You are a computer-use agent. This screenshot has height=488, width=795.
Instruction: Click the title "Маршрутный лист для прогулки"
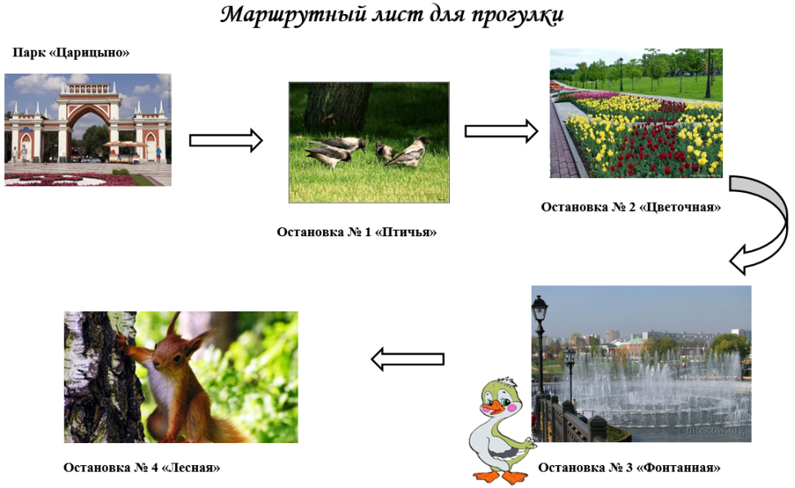392,15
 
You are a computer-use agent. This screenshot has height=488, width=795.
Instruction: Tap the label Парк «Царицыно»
71,52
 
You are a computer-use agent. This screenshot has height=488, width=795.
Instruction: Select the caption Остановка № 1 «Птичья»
357,232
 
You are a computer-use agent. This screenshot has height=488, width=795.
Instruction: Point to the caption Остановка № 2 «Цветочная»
631,207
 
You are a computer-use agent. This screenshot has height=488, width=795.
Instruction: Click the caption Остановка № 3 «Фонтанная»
629,468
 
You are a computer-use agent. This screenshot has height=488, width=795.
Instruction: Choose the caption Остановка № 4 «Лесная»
142,468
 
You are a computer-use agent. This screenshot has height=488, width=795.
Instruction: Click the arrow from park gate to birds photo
226,141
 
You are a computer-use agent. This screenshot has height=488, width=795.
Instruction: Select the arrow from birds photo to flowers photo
501,132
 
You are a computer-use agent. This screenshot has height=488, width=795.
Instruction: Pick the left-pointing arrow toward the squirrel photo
407,360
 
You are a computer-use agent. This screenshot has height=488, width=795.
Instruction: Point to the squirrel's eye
177,358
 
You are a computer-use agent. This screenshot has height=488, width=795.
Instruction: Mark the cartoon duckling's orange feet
501,477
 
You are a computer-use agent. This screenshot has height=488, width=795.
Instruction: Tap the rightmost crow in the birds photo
407,152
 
